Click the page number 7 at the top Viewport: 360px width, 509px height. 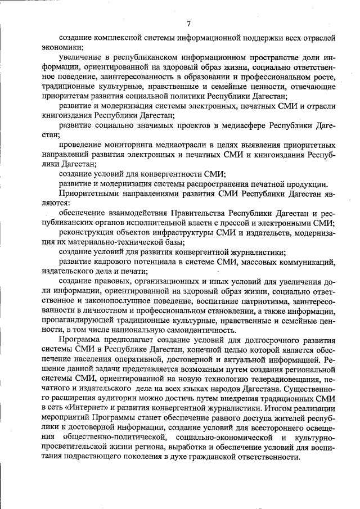click(188, 23)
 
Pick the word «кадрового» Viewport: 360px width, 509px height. click(115, 262)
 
